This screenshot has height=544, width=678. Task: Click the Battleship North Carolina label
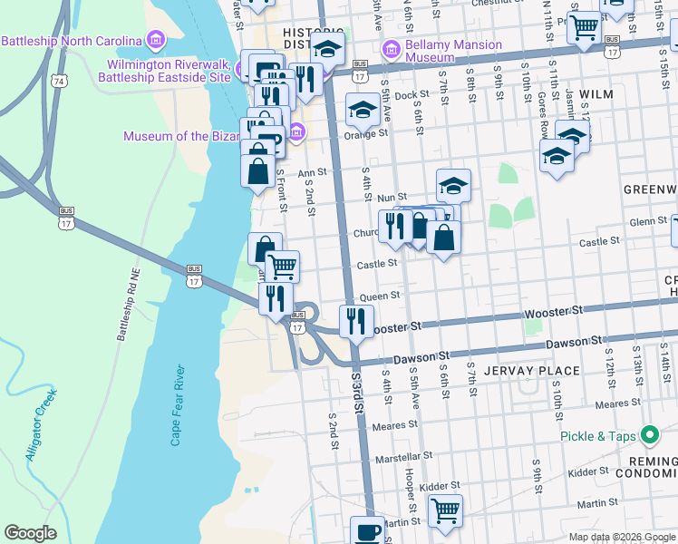click(72, 41)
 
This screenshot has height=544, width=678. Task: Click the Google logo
click(30, 533)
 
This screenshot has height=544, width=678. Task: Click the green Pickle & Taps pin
click(650, 435)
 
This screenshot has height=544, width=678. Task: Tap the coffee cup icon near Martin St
click(367, 530)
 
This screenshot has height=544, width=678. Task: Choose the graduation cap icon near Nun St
click(453, 186)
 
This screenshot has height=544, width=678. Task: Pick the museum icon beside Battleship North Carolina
click(156, 41)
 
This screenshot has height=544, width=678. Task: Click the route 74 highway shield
click(60, 82)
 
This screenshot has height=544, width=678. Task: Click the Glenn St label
click(648, 221)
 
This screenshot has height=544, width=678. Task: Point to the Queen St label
click(381, 296)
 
